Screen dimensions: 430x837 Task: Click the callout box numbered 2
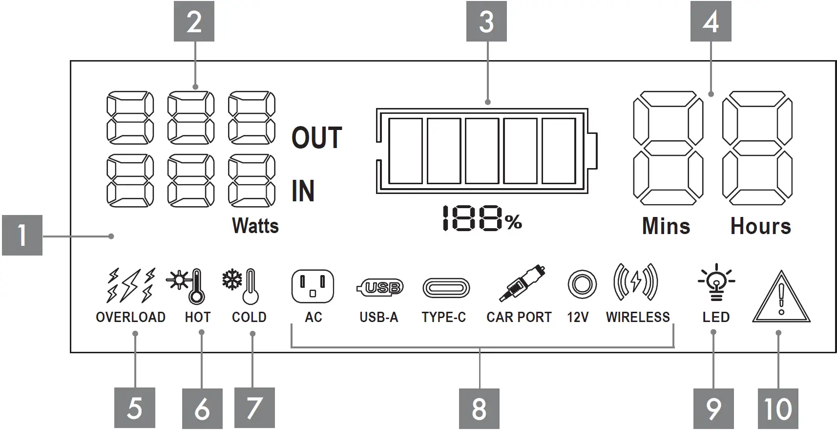click(x=194, y=22)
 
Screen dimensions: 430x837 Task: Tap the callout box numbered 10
click(x=778, y=408)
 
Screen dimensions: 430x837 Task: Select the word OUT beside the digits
click(x=316, y=138)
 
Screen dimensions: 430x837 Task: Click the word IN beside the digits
click(x=303, y=191)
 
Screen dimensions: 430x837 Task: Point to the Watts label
click(x=255, y=226)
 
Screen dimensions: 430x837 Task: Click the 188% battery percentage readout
click(x=481, y=218)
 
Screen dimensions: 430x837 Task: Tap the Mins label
click(x=666, y=226)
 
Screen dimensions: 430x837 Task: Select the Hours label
click(x=760, y=226)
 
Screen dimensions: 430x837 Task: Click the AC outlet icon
click(x=313, y=286)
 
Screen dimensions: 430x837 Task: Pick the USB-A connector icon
click(x=380, y=287)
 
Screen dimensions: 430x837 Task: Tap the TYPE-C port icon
click(x=446, y=288)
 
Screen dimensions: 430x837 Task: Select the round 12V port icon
click(x=582, y=284)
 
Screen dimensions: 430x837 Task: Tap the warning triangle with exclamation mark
click(x=781, y=298)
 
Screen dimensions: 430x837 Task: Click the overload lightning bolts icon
click(x=131, y=285)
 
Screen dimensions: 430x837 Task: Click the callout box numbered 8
click(x=479, y=408)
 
